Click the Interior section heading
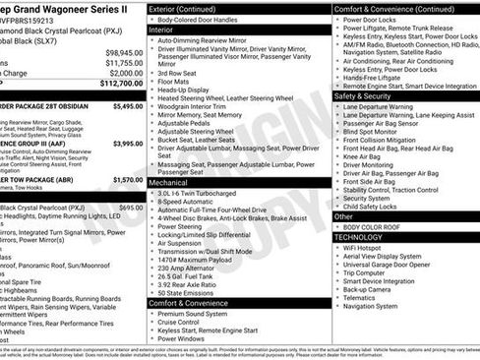point(161,30)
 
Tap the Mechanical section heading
point(168,182)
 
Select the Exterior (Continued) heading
point(190,9)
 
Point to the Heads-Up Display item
point(188,88)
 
